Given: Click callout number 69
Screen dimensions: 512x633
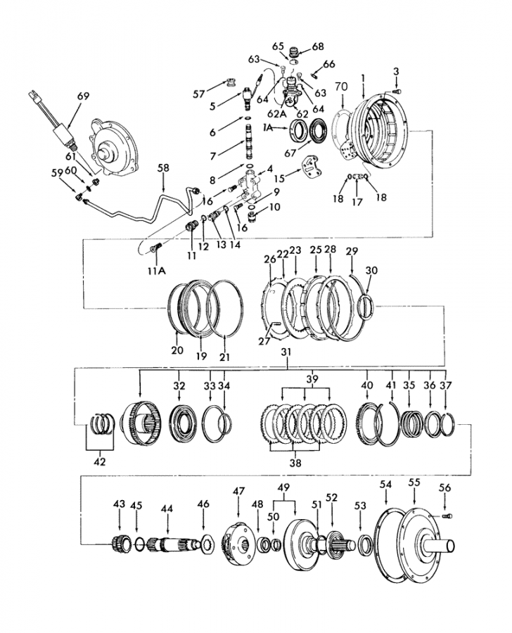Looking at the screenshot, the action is [x=83, y=96].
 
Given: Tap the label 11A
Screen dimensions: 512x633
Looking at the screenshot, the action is [x=157, y=271].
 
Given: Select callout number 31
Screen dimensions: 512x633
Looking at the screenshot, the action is [x=286, y=352].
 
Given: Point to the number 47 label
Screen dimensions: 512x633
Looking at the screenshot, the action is [x=238, y=492].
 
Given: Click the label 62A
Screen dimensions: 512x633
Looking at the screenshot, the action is [x=276, y=114].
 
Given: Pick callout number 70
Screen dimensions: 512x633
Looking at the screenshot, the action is [x=341, y=87].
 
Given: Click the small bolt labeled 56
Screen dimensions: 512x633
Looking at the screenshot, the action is [x=447, y=516].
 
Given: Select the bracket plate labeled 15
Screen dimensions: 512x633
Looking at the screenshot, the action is [x=312, y=166].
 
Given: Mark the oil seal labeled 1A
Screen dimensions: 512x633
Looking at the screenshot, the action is [x=299, y=132].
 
